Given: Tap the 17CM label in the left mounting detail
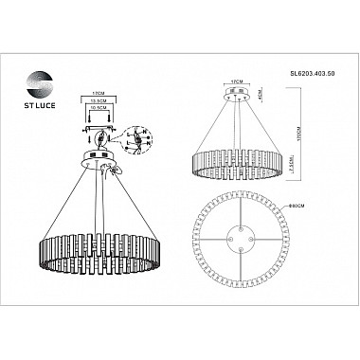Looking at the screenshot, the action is click(x=97, y=94).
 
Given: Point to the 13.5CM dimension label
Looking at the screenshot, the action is click(x=97, y=100).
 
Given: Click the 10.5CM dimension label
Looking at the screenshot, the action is click(x=97, y=108).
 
